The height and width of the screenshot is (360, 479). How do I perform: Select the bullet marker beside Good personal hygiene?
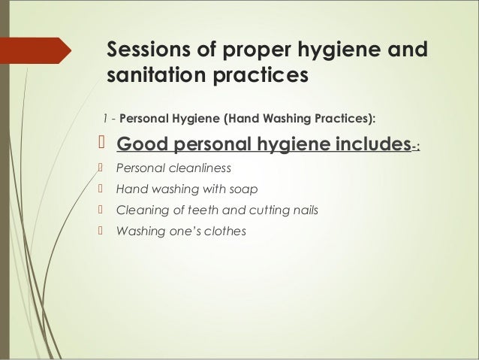(103, 144)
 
